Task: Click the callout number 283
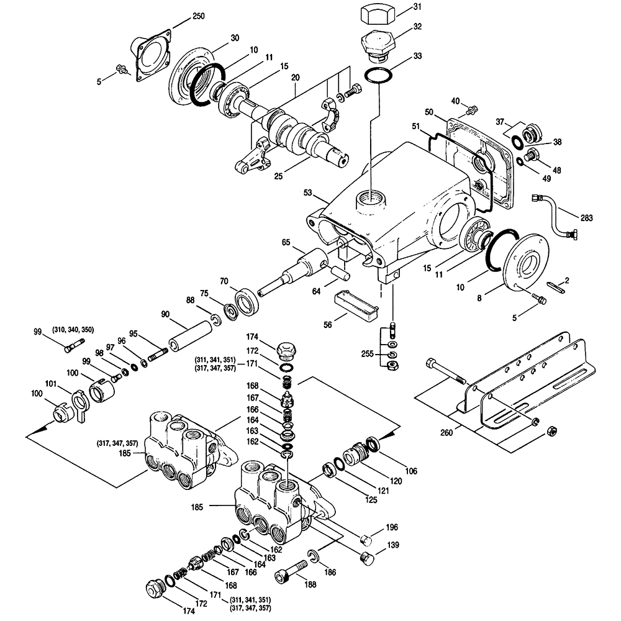click(586, 218)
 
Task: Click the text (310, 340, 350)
click(73, 330)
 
